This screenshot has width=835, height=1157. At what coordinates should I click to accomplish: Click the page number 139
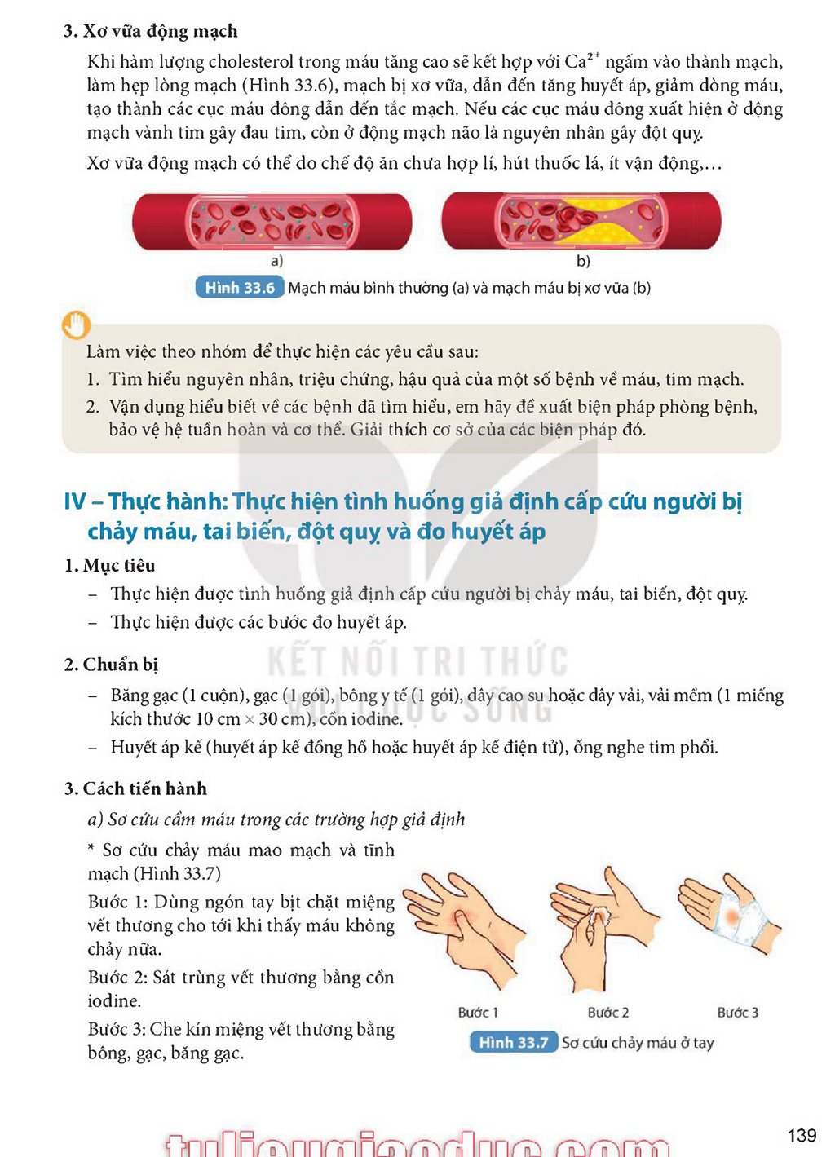(x=802, y=1135)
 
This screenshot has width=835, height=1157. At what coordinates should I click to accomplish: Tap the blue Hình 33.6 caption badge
(x=240, y=288)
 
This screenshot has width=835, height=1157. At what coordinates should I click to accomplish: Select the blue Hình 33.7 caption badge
(x=514, y=1042)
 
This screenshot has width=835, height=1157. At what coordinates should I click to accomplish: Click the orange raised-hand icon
(x=76, y=325)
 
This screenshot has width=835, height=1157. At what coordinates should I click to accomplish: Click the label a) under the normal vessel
(x=277, y=261)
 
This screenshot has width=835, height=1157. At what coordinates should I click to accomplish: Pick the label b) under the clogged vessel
(x=583, y=261)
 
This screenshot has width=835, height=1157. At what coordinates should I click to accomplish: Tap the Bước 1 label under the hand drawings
(x=478, y=1013)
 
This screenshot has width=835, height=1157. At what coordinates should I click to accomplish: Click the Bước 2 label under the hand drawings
(x=608, y=1013)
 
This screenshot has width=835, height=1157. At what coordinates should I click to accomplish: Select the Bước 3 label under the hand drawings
(x=737, y=1013)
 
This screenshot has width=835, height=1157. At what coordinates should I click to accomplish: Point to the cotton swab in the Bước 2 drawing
(x=601, y=917)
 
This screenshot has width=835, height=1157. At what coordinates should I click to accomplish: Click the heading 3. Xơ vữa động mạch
(x=150, y=32)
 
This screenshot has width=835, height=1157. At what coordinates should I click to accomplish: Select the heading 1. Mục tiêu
(x=109, y=566)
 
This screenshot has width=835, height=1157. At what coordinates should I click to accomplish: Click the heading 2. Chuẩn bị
(x=111, y=665)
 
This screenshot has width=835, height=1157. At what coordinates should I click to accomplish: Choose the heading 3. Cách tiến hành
(x=135, y=788)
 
